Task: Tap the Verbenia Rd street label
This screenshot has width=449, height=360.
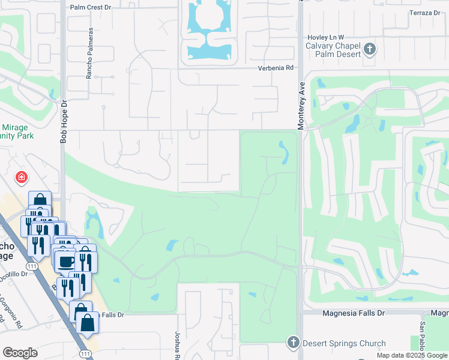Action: tap(277, 68)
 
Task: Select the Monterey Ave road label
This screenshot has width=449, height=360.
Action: tap(301, 105)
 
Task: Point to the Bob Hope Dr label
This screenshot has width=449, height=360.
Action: tap(62, 121)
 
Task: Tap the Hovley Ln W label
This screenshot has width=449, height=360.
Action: tap(325, 37)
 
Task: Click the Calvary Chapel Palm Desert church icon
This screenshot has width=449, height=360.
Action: tap(370, 49)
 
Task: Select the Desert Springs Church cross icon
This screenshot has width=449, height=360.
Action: tap(293, 343)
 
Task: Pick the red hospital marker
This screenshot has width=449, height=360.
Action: tap(22, 178)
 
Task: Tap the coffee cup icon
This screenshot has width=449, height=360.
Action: tap(65, 261)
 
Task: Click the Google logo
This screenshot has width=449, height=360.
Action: tap(20, 353)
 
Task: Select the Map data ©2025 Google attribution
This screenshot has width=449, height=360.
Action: tap(411, 355)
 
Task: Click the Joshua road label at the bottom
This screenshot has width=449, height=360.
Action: tap(178, 345)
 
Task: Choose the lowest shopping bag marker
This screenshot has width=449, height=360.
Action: tap(88, 322)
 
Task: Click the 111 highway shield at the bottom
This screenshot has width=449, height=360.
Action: tap(86, 354)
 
